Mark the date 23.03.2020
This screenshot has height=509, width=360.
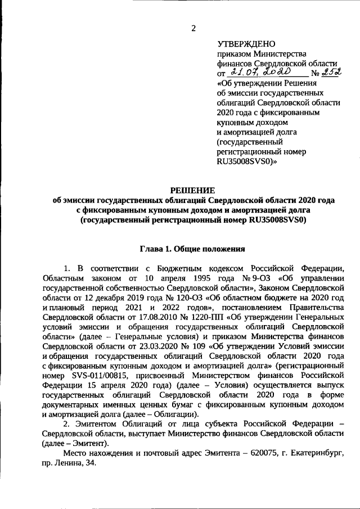[x=147, y=345]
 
